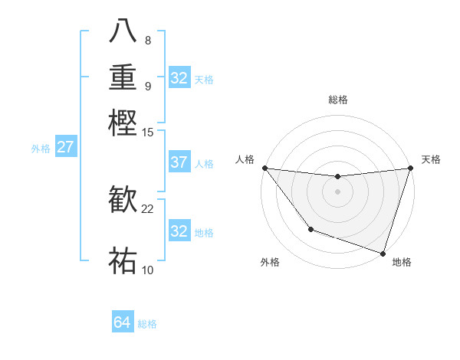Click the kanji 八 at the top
click(x=123, y=31)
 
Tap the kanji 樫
click(x=123, y=123)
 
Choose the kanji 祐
click(x=123, y=261)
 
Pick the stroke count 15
click(x=148, y=132)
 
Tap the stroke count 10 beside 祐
click(x=148, y=270)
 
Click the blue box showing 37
click(x=179, y=162)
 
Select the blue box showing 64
click(x=123, y=322)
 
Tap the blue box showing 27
click(x=65, y=147)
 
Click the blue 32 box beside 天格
click(x=179, y=78)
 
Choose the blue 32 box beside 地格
click(x=179, y=231)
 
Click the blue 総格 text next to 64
click(x=147, y=324)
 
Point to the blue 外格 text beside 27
click(x=41, y=149)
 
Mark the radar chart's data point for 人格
click(x=264, y=168)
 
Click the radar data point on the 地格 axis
click(x=383, y=253)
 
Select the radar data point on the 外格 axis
click(x=310, y=229)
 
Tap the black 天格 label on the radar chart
click(x=432, y=159)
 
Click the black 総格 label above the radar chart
click(x=337, y=100)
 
